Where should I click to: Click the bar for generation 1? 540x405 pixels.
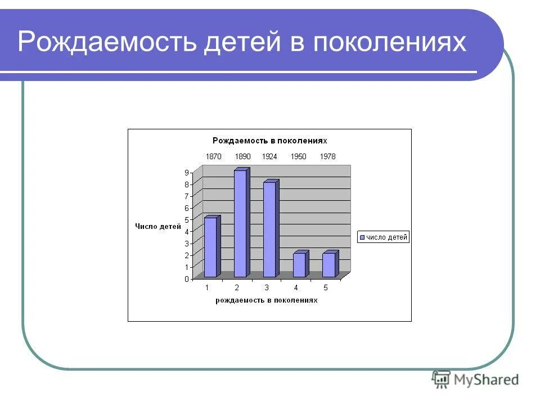coord(210,247)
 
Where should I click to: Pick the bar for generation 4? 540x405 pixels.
coord(299,265)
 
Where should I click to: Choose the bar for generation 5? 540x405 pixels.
coord(328,265)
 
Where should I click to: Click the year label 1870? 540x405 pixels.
coord(214,156)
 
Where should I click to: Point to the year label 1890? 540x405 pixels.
coord(242,156)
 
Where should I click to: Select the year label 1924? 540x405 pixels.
coord(269,156)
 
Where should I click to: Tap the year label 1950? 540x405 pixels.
coord(298,156)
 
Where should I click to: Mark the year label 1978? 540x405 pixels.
coord(327,156)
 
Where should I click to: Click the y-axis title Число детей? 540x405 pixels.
coord(158,227)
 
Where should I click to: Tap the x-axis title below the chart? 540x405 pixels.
coord(266,300)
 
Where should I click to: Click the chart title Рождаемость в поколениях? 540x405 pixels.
coord(269,140)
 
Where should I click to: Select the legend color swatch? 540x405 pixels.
coord(362,237)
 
